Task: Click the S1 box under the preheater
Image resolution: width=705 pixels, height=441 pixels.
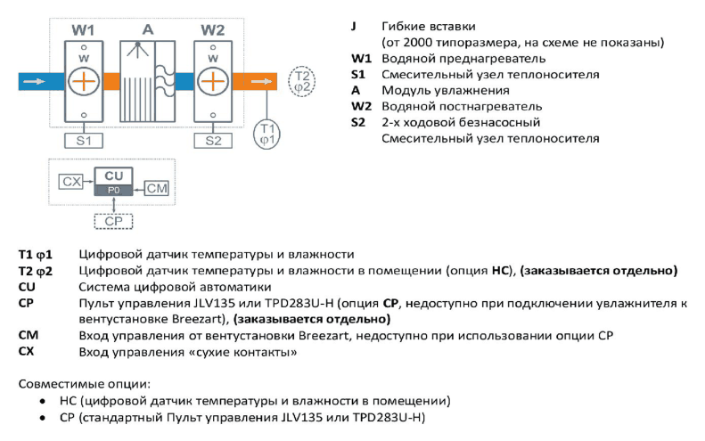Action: tap(84, 141)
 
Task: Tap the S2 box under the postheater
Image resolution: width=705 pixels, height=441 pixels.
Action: tap(213, 141)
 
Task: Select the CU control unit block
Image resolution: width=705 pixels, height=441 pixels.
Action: tap(114, 181)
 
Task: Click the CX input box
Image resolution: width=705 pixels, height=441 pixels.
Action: tap(71, 182)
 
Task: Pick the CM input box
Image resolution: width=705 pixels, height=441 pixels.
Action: tap(157, 188)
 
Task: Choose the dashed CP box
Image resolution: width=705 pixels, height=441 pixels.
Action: tap(113, 221)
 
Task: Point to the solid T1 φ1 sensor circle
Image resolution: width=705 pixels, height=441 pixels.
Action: tap(267, 134)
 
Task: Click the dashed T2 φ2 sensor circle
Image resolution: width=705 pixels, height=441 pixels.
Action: tap(301, 81)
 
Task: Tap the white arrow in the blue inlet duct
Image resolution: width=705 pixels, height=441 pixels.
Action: tap(34, 81)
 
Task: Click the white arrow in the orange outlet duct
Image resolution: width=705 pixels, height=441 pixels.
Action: tap(261, 81)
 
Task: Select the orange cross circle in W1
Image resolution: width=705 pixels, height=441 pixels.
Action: tap(84, 81)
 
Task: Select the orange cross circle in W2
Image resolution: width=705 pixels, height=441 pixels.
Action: tap(213, 81)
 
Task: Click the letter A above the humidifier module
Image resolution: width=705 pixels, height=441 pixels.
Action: tap(148, 29)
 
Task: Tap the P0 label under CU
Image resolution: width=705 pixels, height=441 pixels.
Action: tap(114, 190)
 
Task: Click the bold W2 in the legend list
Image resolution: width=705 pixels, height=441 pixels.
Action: tap(362, 107)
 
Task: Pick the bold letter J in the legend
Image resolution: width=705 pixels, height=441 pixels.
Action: tap(354, 26)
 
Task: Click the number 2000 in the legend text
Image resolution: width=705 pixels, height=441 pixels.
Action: tap(418, 42)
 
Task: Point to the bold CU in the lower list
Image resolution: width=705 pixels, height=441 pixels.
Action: tap(27, 287)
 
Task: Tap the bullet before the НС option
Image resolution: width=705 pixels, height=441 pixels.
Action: tap(43, 401)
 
